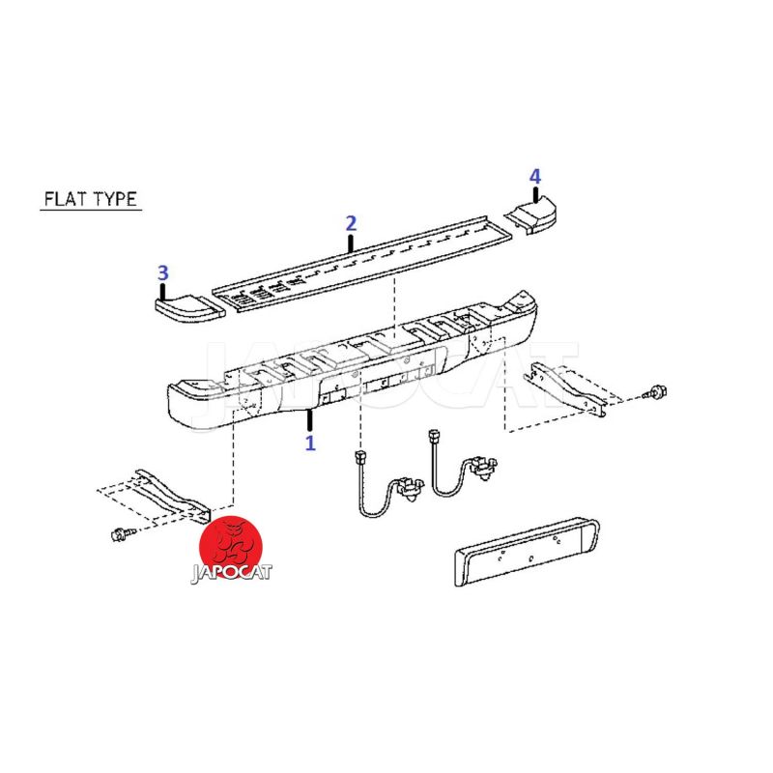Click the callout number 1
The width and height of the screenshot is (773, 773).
click(310, 444)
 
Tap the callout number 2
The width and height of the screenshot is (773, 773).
click(351, 223)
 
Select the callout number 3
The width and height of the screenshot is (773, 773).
click(162, 272)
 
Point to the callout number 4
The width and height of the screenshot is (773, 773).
click(535, 177)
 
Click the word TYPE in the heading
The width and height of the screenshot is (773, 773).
click(115, 199)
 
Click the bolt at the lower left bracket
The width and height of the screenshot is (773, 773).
click(121, 534)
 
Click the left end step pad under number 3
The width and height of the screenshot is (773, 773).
click(189, 307)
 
